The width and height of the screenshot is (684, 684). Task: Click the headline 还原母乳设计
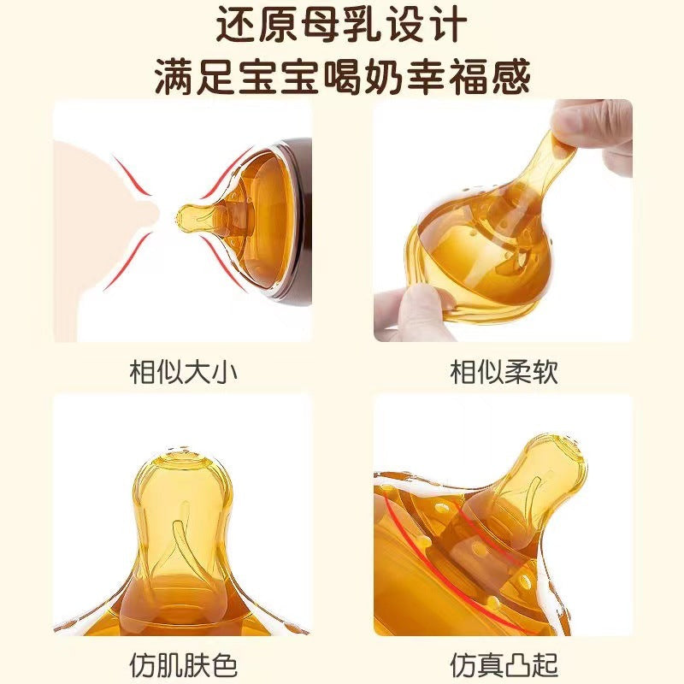pyautogui.click(x=341, y=25)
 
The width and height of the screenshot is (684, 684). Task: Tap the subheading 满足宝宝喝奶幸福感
pyautogui.click(x=343, y=77)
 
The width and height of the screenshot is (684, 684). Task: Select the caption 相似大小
pyautogui.click(x=183, y=372)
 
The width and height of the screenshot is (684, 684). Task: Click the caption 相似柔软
pyautogui.click(x=504, y=372)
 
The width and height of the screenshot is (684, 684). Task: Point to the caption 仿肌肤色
pyautogui.click(x=183, y=665)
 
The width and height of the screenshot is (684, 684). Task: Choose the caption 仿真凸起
pyautogui.click(x=504, y=665)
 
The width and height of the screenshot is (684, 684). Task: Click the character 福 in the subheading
pyautogui.click(x=469, y=77)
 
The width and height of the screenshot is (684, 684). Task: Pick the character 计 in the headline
pyautogui.click(x=448, y=25)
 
